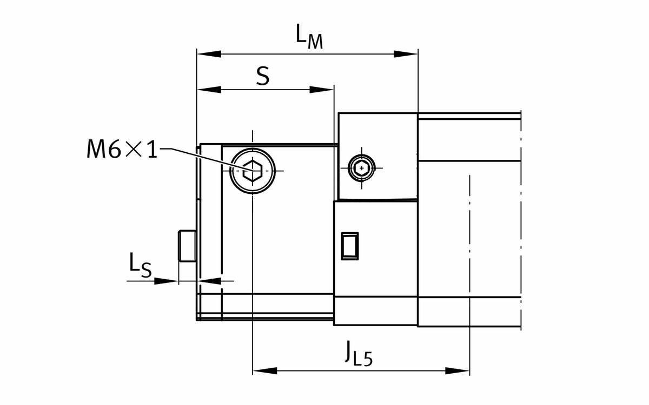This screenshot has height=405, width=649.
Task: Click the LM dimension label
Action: [x=309, y=37]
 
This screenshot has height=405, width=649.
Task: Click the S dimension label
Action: [x=263, y=77]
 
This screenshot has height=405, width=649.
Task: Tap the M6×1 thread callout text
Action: [x=122, y=149]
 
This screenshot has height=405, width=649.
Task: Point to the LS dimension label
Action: [x=140, y=265]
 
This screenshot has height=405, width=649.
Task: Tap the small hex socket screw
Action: [x=362, y=168]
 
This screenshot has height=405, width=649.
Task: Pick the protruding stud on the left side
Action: [x=187, y=246]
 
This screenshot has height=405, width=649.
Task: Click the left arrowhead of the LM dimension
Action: [x=209, y=54]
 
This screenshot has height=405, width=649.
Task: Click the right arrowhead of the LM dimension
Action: [x=406, y=54]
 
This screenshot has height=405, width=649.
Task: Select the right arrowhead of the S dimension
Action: [x=322, y=90]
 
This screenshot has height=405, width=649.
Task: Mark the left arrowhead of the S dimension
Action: [x=209, y=90]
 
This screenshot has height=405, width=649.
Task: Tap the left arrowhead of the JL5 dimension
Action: [x=265, y=371]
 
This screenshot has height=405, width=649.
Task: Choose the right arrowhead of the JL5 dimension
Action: [x=457, y=371]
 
